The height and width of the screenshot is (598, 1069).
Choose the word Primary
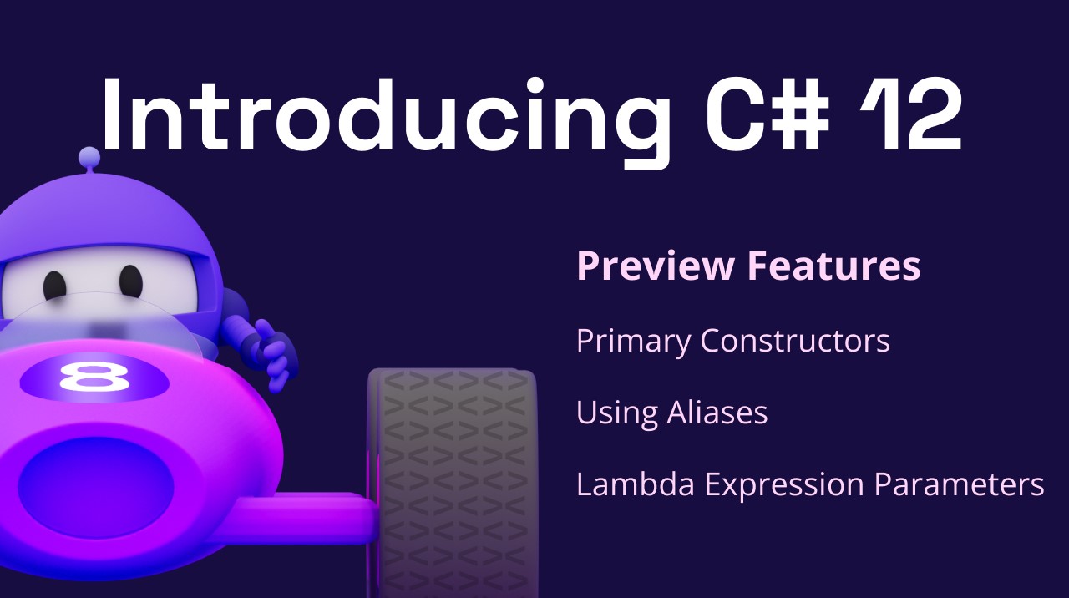pos(633,342)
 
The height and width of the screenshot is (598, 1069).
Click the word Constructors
pos(795,341)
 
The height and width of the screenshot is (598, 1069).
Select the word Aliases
pos(717,413)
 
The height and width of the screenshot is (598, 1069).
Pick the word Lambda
pos(636,484)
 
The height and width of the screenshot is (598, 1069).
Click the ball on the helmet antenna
pos(89,156)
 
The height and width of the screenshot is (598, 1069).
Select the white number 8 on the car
pos(94,377)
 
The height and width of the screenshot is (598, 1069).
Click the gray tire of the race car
pos(453,482)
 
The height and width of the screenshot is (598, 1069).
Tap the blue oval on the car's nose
pos(95,487)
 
